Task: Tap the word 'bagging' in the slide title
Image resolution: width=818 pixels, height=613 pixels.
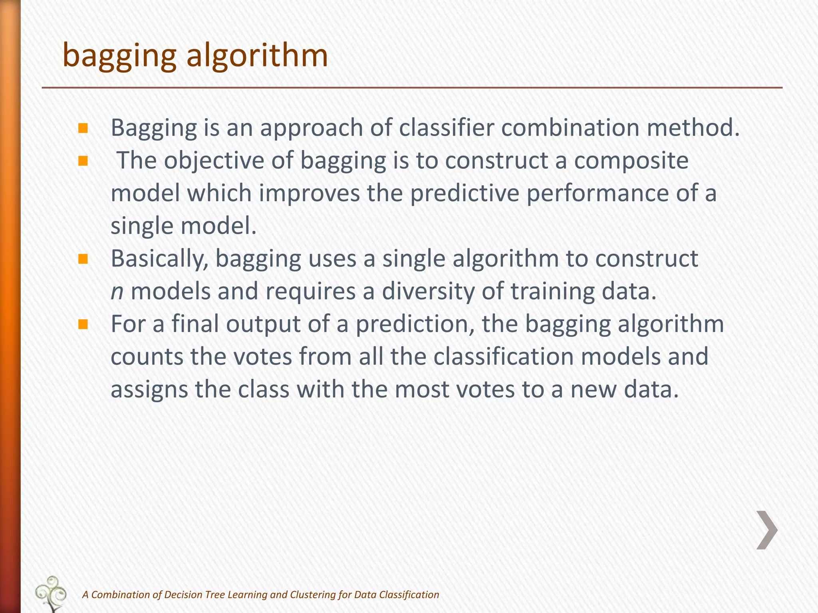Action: coord(119,56)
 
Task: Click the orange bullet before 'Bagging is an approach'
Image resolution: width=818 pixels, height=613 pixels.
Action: coord(83,128)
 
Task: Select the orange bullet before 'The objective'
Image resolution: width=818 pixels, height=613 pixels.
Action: coord(83,161)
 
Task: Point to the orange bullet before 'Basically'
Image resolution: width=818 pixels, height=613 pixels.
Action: coord(83,259)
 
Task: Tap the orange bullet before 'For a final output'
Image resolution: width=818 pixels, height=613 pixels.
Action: coord(83,324)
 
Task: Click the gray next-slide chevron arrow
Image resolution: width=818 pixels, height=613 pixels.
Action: coord(767,530)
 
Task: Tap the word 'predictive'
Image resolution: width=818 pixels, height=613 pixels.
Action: coord(465,194)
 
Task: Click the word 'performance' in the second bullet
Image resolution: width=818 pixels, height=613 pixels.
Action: coord(597,194)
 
